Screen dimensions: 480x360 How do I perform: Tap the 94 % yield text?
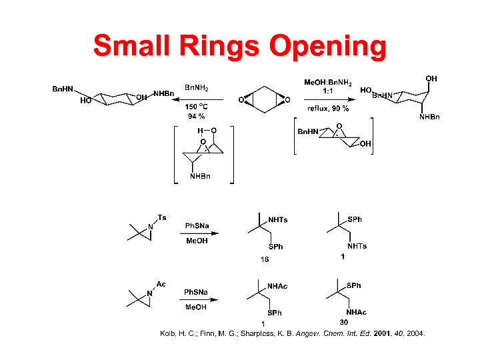[x=197, y=116]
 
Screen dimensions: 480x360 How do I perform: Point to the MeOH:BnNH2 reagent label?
[x=329, y=81]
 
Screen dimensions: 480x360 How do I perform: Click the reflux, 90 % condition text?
[x=328, y=108]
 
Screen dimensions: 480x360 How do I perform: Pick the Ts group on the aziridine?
[x=162, y=217]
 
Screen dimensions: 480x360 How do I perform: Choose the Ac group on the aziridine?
[x=161, y=284]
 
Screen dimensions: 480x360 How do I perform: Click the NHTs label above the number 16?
[x=277, y=219]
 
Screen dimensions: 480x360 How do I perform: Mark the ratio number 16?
[x=264, y=259]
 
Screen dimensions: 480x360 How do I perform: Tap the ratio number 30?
[x=344, y=323]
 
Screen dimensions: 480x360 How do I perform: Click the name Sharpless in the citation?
[x=271, y=333]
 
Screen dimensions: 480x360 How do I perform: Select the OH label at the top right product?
[x=431, y=79]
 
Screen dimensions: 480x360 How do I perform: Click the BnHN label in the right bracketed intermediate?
[x=307, y=132]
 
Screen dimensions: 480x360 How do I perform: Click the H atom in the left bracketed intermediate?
[x=199, y=131]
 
